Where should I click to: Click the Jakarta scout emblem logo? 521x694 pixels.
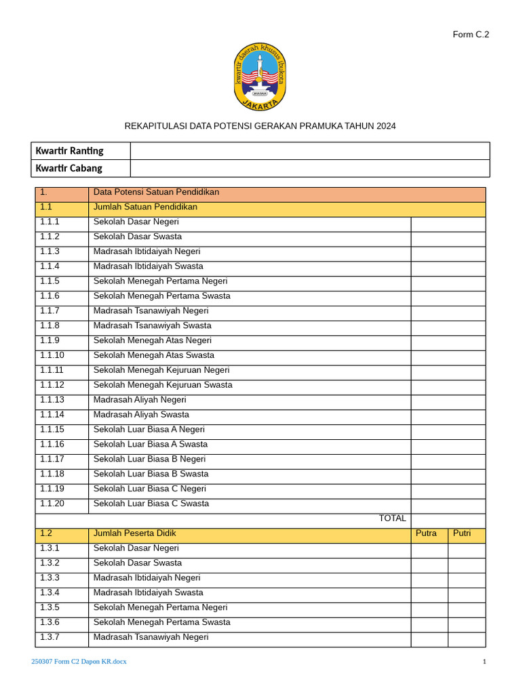pos(260,77)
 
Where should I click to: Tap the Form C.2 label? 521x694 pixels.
pos(471,35)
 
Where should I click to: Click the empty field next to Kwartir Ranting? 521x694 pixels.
pos(309,150)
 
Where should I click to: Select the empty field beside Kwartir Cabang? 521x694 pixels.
pos(309,168)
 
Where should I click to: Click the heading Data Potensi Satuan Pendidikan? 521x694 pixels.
pos(156,192)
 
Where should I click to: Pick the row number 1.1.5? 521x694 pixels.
pos(50,281)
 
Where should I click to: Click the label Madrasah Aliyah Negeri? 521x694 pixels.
pos(140,400)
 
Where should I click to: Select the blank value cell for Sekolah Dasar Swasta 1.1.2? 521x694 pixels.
pos(448,237)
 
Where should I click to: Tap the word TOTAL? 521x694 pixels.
pos(392,518)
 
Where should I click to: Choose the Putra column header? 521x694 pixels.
pos(426,533)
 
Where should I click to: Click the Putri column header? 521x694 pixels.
pos(462,533)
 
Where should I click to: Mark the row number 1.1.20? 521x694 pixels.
pos(52,504)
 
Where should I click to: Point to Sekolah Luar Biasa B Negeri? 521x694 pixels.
pos(149,459)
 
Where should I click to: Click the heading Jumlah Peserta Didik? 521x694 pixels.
pos(135,533)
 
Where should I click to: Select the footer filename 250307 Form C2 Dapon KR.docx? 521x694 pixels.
pos(79,661)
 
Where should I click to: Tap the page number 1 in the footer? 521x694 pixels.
pos(484,661)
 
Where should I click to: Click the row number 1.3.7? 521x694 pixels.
pos(50,637)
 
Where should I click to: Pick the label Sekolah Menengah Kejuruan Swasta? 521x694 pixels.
pos(163,385)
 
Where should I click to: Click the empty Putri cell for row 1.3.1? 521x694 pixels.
pos(467,548)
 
